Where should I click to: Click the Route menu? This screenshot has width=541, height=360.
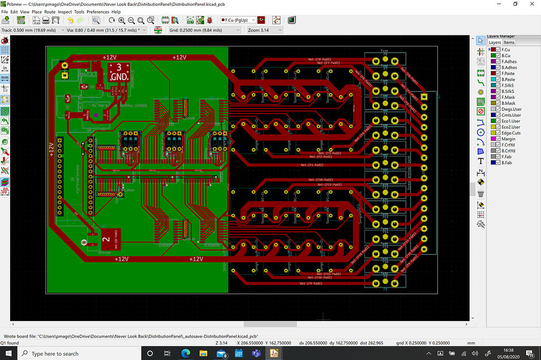(x=50, y=12)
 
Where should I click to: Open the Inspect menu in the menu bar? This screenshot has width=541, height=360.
(x=64, y=12)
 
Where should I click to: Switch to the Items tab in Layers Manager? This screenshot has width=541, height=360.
(x=509, y=42)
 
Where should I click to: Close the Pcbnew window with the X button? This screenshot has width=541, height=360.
(x=531, y=4)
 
